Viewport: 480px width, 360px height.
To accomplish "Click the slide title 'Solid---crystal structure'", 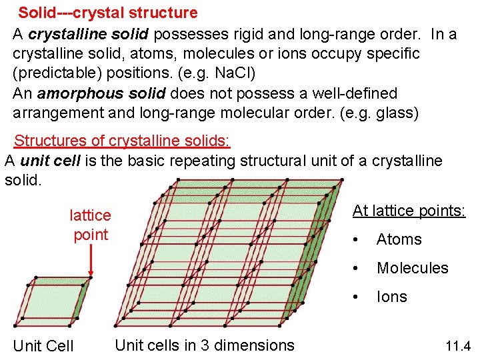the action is (107, 13).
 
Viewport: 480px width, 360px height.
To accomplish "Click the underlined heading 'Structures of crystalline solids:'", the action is (122, 141).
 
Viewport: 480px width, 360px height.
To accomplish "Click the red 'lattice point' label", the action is (90, 225).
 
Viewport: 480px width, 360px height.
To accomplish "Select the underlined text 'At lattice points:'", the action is (409, 211).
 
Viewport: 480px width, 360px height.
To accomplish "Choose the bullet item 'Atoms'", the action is (399, 239).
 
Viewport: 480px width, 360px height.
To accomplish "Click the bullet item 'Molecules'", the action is (412, 268).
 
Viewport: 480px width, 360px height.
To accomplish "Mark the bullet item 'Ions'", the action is (391, 297).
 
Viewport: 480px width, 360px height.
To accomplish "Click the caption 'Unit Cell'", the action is (43, 346).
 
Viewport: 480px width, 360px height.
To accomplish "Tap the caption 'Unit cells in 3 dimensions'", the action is (205, 345).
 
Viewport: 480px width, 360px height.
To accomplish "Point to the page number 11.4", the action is (457, 346).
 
